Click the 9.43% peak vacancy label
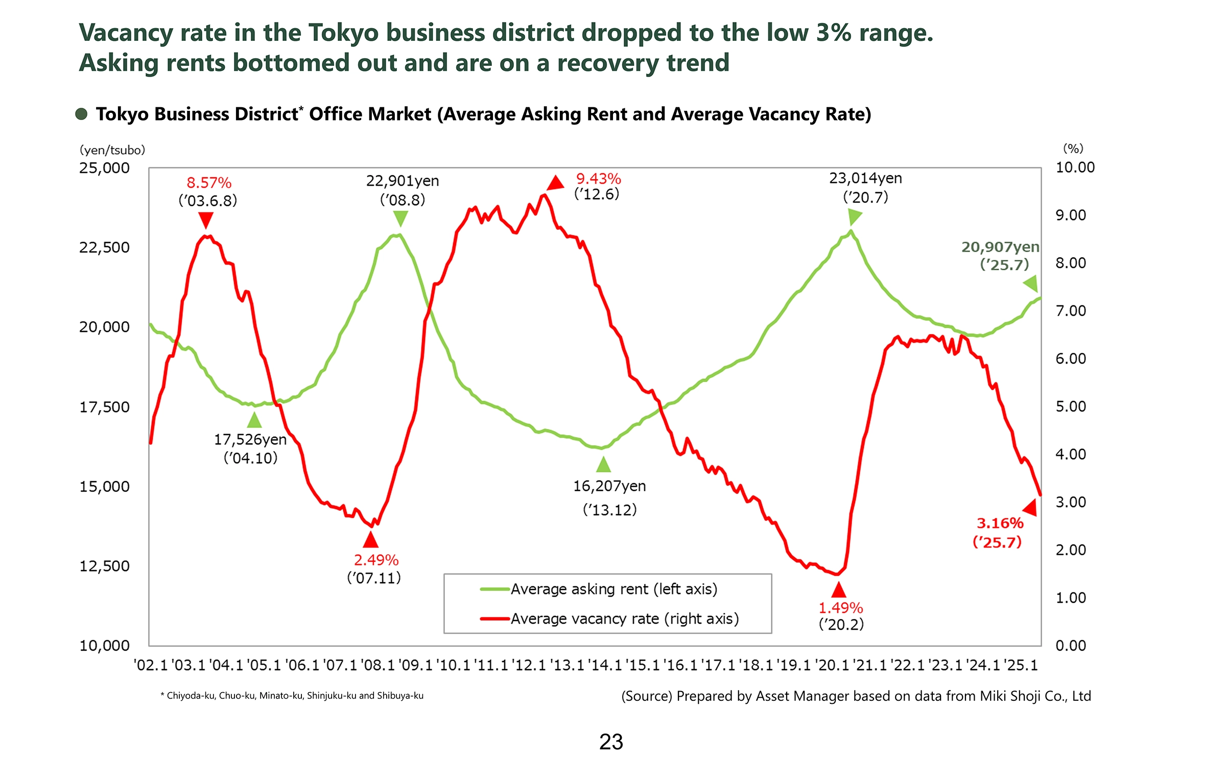tap(598, 179)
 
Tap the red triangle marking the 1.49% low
tap(839, 591)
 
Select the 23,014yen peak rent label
tap(865, 178)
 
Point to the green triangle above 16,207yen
tap(604, 465)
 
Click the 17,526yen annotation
tap(250, 440)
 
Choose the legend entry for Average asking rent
tap(614, 589)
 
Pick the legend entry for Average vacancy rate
tap(624, 619)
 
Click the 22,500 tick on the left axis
tap(104, 248)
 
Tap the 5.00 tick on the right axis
tap(1071, 407)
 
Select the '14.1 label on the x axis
tap(605, 666)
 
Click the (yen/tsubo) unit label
tap(112, 150)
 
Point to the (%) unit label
tap(1073, 149)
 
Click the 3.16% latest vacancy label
tap(1000, 524)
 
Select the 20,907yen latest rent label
tap(1000, 247)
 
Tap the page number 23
tap(611, 742)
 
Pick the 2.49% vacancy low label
tap(376, 560)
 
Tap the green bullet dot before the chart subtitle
tap(81, 114)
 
